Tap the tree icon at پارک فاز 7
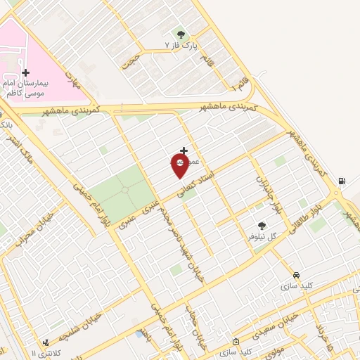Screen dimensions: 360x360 (x=181, y=34)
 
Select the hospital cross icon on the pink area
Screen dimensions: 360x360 (x=25, y=72)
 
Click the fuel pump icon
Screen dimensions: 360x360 (x=342, y=181)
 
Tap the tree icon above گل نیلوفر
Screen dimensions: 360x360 (x=262, y=226)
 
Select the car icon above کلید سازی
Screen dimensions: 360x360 (x=296, y=275)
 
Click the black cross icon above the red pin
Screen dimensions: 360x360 (x=184, y=150)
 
